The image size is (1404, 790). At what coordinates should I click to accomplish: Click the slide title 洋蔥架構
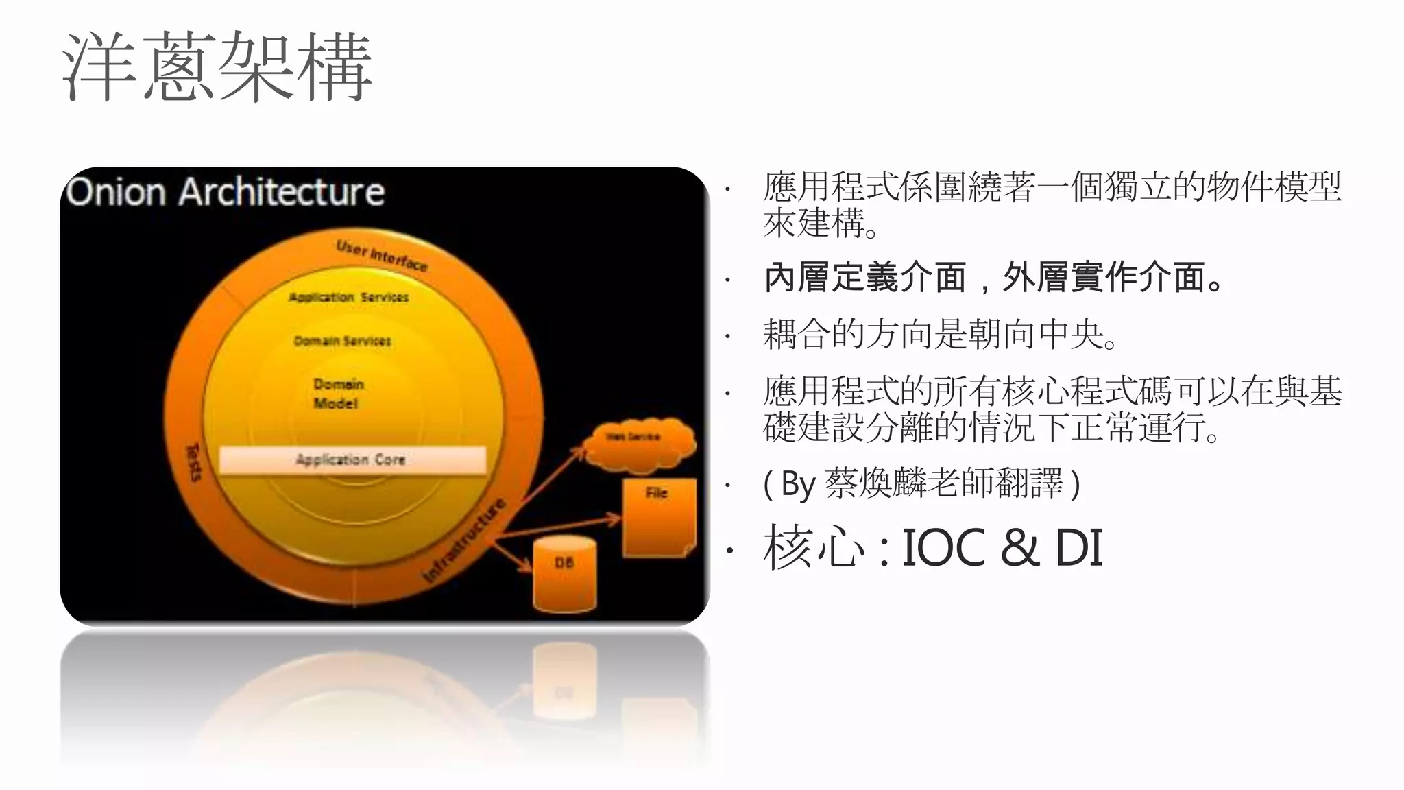(217, 67)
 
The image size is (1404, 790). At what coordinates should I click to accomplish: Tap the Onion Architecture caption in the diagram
(226, 191)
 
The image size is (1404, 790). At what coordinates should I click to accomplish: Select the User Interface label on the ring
(381, 256)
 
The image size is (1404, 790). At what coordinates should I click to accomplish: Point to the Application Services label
(348, 297)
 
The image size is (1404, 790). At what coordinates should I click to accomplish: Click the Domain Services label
(342, 341)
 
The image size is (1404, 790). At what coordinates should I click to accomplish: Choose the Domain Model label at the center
(337, 394)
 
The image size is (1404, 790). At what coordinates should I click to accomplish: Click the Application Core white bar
(352, 459)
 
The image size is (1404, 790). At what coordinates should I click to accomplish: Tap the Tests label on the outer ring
(195, 461)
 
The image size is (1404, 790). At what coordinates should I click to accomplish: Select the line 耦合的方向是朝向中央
(940, 335)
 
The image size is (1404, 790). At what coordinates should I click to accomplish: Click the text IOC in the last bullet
(943, 548)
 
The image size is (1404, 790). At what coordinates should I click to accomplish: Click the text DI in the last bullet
(1078, 548)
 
